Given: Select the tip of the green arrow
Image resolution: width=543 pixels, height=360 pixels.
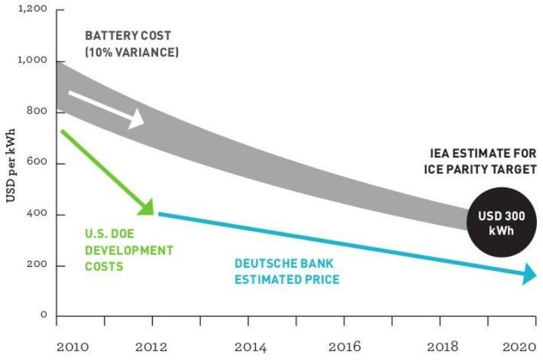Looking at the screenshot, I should (150, 211).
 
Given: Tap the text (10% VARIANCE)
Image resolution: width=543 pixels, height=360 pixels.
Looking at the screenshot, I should (132, 52).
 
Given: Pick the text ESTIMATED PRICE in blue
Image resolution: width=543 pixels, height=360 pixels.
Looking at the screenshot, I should (286, 279).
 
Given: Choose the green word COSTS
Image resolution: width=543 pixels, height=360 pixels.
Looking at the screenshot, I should (104, 266).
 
